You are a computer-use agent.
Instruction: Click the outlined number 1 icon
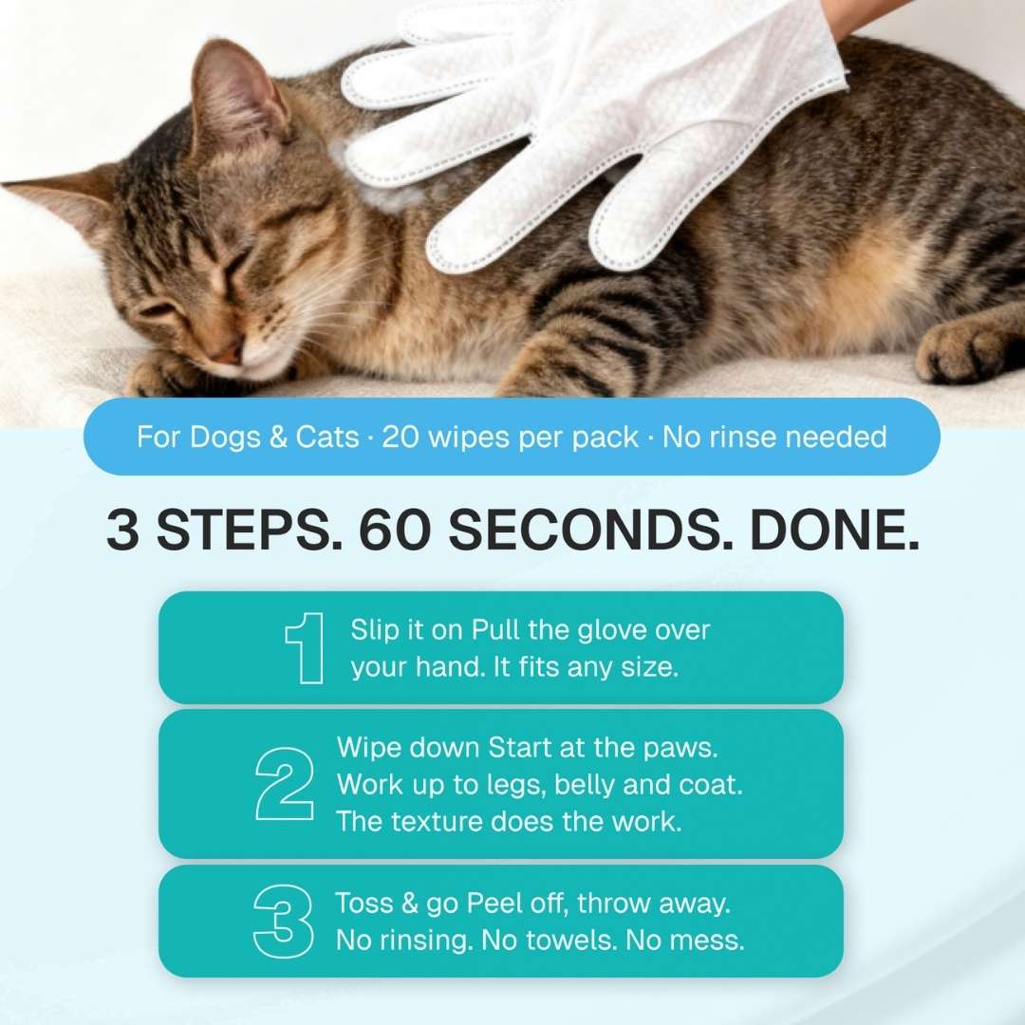[x=305, y=648]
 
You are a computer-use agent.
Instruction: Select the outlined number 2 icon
[x=285, y=783]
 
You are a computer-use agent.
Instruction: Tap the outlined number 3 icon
[x=283, y=922]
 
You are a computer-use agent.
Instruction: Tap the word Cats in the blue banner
[x=327, y=437]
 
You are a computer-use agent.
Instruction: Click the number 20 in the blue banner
[x=401, y=437]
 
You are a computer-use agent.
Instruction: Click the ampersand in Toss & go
[x=409, y=904]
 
